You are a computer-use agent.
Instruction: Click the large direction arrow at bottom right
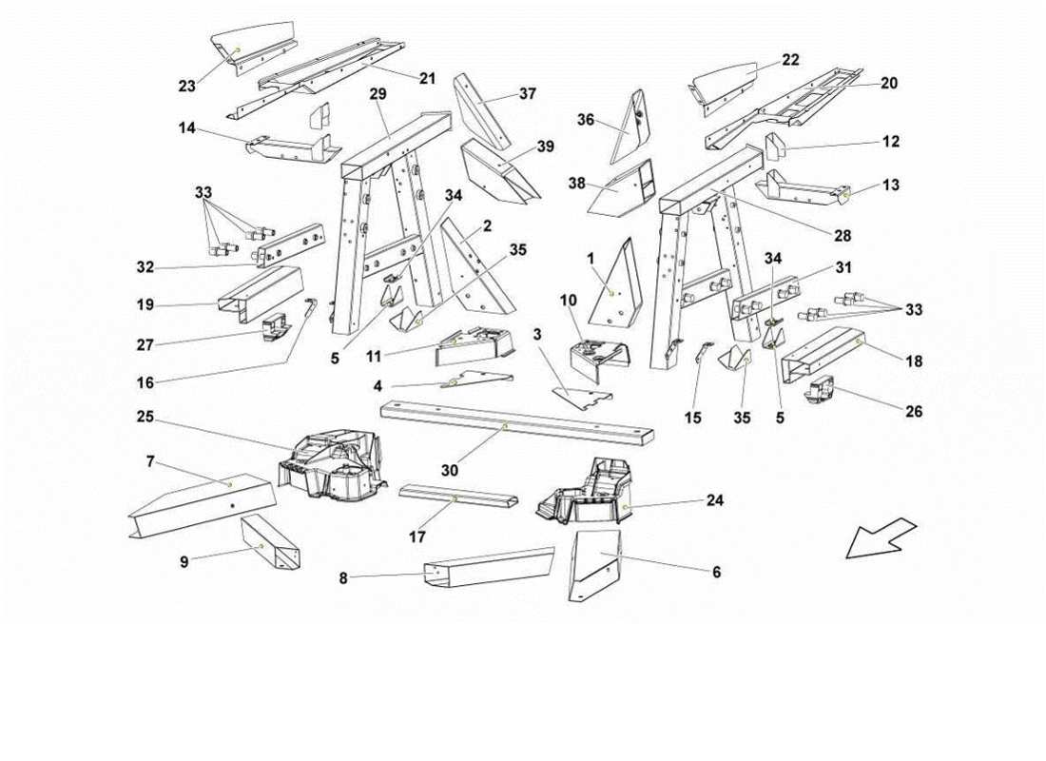click(880, 537)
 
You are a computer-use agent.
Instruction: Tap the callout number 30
click(451, 470)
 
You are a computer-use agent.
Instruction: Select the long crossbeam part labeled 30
click(518, 423)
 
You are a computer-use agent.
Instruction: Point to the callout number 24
click(714, 500)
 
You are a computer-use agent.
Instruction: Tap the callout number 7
click(151, 462)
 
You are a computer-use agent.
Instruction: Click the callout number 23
click(186, 87)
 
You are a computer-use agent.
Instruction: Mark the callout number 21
click(427, 79)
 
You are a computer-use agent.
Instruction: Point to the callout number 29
click(378, 94)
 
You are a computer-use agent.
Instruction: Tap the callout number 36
click(586, 120)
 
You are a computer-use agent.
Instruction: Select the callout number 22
click(790, 60)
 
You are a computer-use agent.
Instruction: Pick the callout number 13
click(890, 185)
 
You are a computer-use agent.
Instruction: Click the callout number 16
click(145, 382)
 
